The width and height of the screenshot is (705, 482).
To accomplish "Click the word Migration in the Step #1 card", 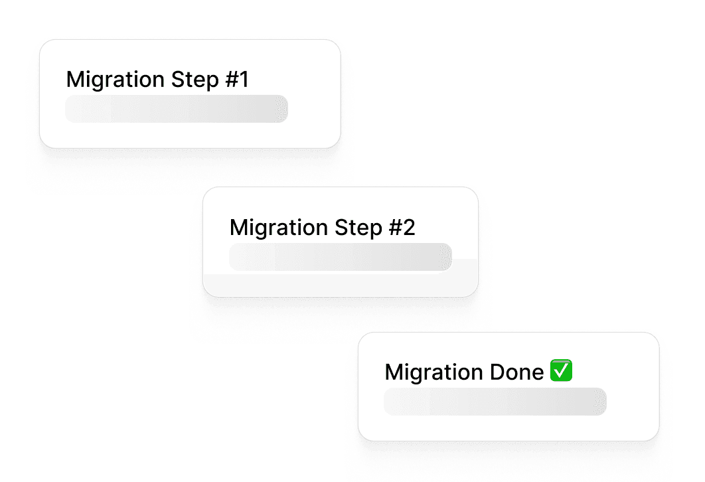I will coord(115,80).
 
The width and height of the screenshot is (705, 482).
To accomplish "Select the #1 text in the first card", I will coord(236,80).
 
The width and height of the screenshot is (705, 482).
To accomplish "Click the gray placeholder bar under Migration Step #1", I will coord(176,109).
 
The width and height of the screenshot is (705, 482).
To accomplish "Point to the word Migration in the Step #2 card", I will coord(278,228).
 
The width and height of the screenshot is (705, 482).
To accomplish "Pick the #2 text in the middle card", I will coord(401,228).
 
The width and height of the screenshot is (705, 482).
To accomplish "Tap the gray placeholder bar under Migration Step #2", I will coord(340,257).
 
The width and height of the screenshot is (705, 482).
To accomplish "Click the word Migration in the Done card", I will coord(433,372).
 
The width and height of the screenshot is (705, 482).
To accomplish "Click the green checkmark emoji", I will coord(562,371).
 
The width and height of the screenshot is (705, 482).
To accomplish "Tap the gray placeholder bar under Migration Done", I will coord(495,402).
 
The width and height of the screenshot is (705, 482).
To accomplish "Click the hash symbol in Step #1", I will coord(230,80).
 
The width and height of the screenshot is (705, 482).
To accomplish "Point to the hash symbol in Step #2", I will coord(394,228).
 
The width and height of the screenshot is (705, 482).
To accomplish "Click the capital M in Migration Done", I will coord(393,372).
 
